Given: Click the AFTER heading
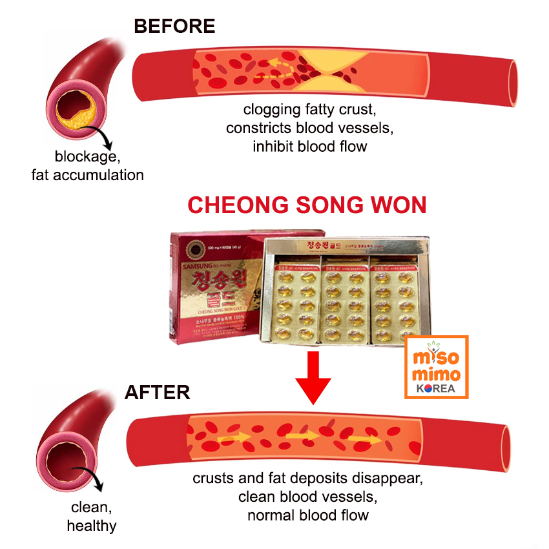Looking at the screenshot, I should tap(157, 392).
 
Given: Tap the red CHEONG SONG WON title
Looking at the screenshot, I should tap(307, 205).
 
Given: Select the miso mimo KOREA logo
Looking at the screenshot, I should tap(436, 367).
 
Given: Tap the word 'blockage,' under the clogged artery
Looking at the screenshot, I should tap(87, 156).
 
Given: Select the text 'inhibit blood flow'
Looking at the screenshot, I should tap(309, 146).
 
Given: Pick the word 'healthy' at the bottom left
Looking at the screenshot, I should tap(92, 525).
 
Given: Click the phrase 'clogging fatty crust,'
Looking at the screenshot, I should tap(309, 110).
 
